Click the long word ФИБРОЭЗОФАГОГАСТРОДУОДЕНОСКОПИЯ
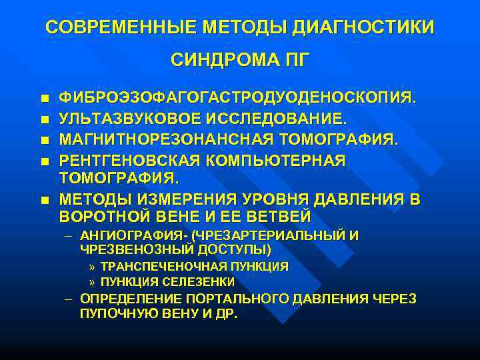pyautogui.click(x=237, y=99)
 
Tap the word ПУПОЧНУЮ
pyautogui.click(x=111, y=313)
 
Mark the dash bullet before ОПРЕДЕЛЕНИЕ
pyautogui.click(x=69, y=299)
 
